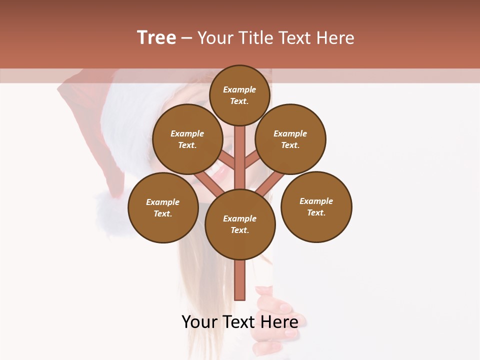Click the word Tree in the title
point(156,38)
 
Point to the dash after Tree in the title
point(186,38)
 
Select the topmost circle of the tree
point(239,95)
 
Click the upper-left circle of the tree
point(187,139)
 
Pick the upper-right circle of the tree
point(290,139)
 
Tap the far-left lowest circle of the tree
point(162,207)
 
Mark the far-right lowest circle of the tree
point(316,206)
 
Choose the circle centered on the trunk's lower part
point(240,224)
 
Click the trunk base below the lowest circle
point(240,280)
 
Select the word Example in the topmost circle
point(239,90)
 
